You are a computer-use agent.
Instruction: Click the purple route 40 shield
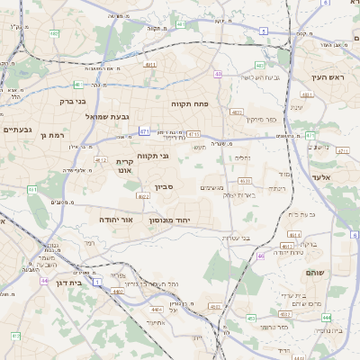[x=218, y=74]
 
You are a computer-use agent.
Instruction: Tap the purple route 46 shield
[x=261, y=256]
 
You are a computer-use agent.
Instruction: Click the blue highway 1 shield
[x=97, y=283]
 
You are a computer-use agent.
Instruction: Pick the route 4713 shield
[x=193, y=134]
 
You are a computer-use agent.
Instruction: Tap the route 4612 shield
[x=101, y=159]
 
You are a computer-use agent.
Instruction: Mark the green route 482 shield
[x=55, y=33]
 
